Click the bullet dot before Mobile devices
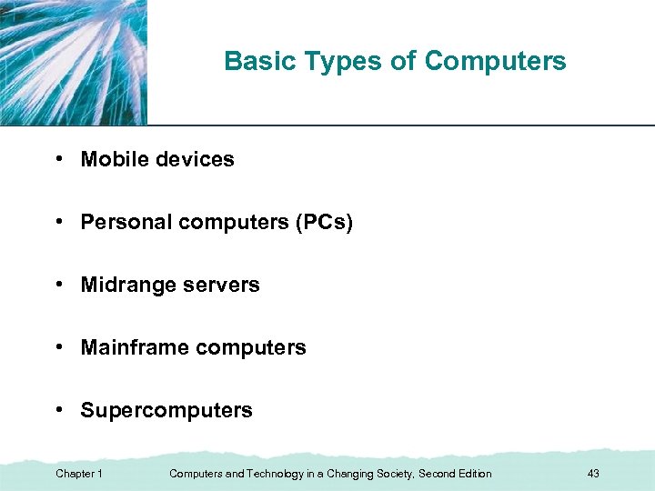tap(58, 159)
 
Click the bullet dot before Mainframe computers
tap(58, 347)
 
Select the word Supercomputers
tap(166, 410)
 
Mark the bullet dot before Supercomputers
tap(58, 410)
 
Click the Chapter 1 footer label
tap(79, 474)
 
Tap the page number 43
tap(593, 474)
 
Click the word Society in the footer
tap(392, 474)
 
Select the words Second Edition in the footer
tap(455, 474)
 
